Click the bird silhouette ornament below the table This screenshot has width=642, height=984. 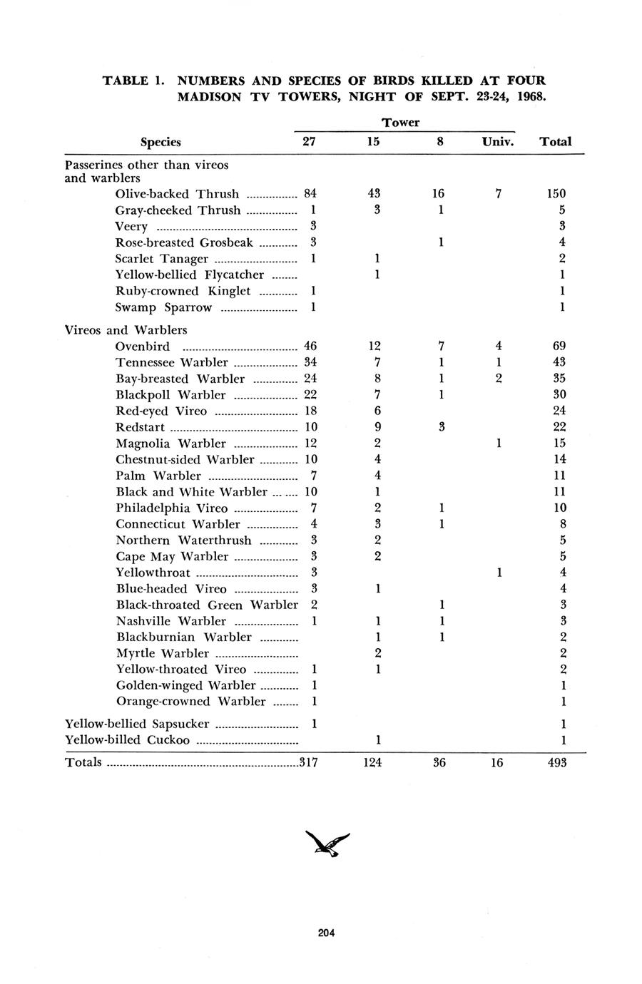(327, 844)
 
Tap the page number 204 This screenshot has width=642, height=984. (327, 933)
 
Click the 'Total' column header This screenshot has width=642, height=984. (556, 141)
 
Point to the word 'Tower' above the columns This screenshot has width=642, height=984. (400, 123)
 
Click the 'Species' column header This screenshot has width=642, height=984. (160, 142)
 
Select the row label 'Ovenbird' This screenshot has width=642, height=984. (143, 347)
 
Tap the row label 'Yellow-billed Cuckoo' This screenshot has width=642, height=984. (128, 739)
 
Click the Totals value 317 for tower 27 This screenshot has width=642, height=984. (308, 762)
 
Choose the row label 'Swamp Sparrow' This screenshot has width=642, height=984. (163, 307)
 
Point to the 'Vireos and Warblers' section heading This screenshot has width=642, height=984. (126, 330)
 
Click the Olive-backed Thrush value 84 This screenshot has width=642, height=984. (310, 193)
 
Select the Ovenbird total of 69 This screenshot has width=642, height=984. (559, 347)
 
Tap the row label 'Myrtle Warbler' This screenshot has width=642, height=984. (163, 653)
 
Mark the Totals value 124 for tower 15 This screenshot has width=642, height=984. (372, 762)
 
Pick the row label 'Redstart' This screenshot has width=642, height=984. (140, 427)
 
